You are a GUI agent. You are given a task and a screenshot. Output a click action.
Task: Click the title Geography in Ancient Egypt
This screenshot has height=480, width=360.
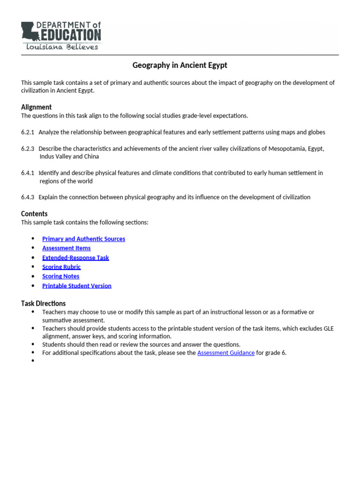point(180,65)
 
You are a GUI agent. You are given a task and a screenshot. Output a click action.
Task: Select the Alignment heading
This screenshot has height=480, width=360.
point(36,107)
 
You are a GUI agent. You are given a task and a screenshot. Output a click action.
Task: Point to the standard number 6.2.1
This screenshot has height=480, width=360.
point(27,132)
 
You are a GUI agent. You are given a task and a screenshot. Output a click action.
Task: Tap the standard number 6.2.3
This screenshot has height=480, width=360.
point(27,149)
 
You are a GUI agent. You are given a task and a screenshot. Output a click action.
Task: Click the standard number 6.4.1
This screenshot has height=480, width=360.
point(27,173)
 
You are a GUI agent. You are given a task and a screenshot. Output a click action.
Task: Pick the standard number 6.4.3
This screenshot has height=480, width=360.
point(27,197)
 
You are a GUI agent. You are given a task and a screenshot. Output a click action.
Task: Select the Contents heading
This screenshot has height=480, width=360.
point(34,214)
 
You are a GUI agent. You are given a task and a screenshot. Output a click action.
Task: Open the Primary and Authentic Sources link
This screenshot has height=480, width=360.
point(83,239)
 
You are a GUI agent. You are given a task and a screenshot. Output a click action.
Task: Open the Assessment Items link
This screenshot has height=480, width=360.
point(66,248)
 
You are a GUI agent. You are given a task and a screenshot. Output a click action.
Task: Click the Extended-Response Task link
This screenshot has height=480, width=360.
point(75,257)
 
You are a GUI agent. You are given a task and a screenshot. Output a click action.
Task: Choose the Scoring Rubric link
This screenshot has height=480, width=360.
point(61,267)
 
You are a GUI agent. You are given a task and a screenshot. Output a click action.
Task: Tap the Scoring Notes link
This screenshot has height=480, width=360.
point(60,276)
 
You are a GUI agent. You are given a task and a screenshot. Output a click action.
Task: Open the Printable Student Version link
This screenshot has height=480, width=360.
point(77,285)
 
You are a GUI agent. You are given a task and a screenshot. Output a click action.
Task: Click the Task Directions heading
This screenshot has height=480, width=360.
point(43,303)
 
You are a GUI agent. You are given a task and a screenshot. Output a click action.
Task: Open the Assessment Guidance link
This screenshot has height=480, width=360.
point(226,352)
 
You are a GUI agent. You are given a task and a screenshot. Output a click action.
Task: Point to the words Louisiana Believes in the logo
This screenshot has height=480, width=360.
point(62,47)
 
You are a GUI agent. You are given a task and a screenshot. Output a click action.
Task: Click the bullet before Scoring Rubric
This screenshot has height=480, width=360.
point(33,267)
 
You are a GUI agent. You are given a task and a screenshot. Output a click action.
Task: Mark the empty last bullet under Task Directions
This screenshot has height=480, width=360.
point(33,360)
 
